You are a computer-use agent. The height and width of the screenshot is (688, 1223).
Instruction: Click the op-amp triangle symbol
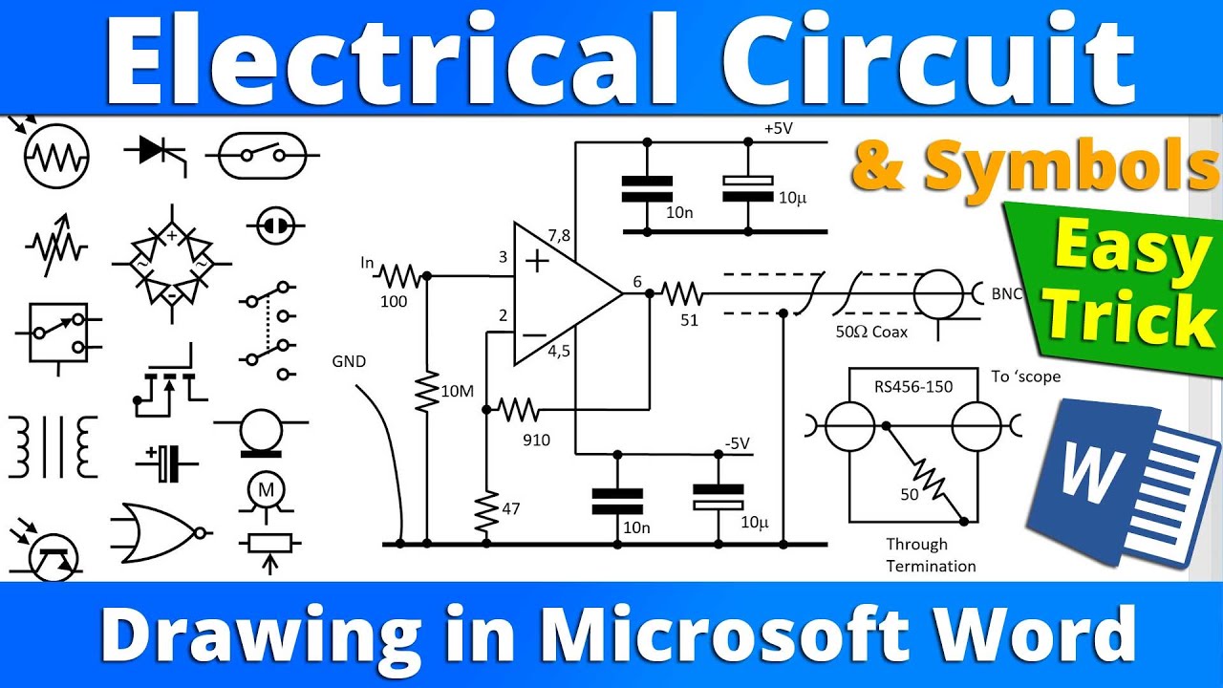tap(559, 293)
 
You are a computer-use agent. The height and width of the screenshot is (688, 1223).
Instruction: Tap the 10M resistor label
tap(458, 391)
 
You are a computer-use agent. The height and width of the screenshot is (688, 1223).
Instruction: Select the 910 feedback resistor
tap(519, 411)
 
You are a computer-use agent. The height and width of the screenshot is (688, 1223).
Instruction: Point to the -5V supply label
tap(736, 443)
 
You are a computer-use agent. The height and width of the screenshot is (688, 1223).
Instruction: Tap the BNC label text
tap(1005, 294)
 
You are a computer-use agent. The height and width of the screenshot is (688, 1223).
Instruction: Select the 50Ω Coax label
tap(872, 332)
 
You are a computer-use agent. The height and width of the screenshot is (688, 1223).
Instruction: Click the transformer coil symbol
tap(53, 446)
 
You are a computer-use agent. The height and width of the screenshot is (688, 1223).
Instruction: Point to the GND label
tap(348, 362)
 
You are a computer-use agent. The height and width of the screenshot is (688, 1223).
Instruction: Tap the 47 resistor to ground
tap(486, 512)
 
